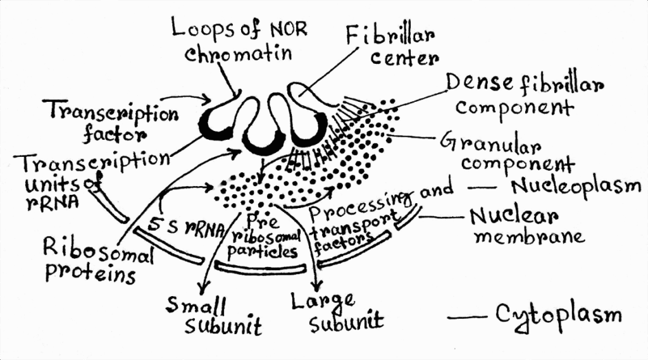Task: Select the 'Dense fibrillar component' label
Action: click(x=523, y=95)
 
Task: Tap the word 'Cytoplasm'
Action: click(x=557, y=314)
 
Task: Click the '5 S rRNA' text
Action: click(x=186, y=226)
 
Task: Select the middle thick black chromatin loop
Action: click(x=261, y=144)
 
